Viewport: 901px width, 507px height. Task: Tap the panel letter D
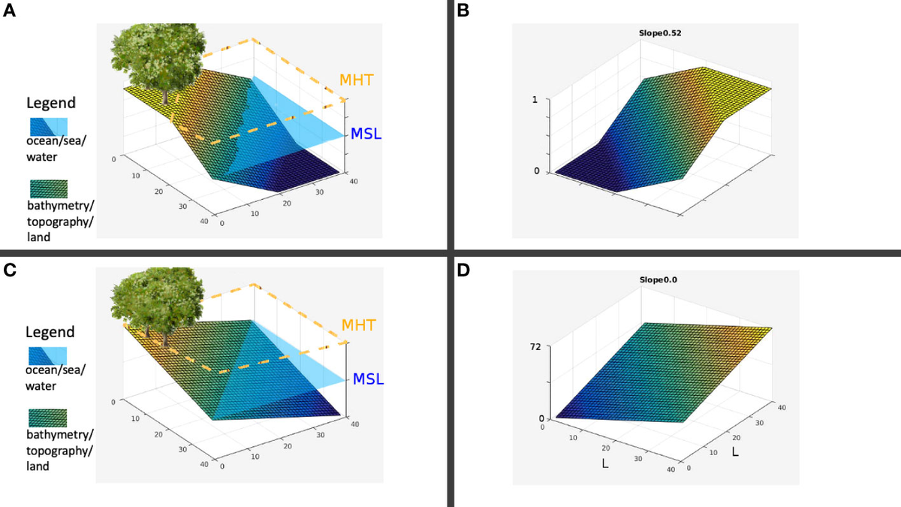tap(463, 270)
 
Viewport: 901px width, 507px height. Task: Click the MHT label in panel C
tap(358, 325)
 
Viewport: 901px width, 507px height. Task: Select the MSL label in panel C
tap(367, 379)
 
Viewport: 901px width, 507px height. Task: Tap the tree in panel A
tap(164, 56)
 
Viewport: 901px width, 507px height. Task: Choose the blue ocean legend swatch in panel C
tap(49, 355)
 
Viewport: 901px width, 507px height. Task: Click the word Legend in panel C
tap(50, 332)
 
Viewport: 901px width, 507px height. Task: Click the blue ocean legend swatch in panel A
tap(49, 125)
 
